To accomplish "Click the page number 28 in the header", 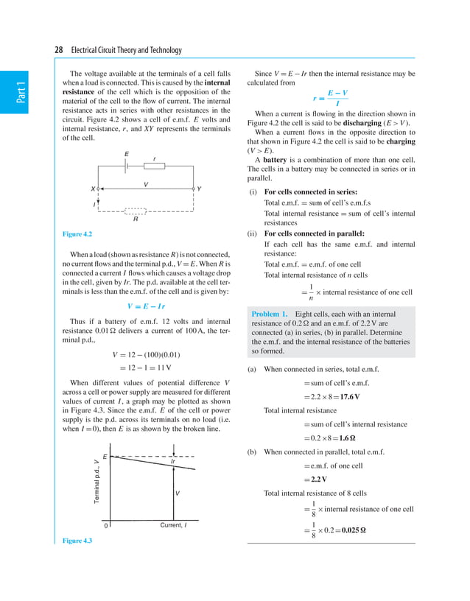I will click(59, 50).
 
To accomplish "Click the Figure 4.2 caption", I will click(77, 234).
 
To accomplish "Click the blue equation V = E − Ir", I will click(147, 306).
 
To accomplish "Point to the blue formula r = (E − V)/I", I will click(331, 98).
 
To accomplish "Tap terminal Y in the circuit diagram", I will click(198, 189).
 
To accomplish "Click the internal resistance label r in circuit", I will click(154, 159).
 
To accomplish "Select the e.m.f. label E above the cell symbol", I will click(127, 154).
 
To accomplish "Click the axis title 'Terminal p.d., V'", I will click(97, 482).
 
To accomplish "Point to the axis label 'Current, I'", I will click(173, 525).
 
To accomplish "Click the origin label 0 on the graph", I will click(105, 526).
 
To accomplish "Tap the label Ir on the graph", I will click(172, 462).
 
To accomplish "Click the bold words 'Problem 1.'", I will click(270, 314).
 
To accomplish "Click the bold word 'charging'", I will click(399, 141).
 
